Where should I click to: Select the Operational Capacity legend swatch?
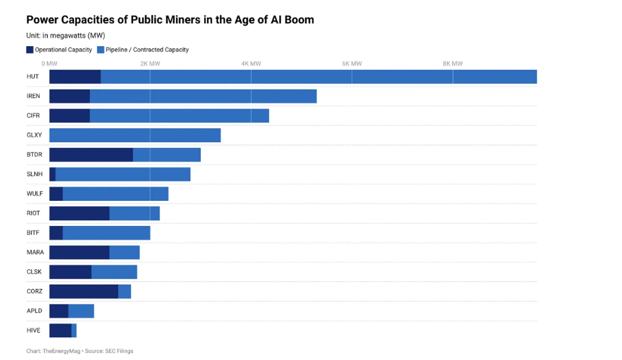[x=30, y=50]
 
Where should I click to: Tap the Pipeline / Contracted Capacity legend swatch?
[x=101, y=50]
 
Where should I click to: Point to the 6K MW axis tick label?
[x=352, y=63]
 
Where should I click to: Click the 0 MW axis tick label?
[x=49, y=63]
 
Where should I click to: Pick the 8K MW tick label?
[x=453, y=63]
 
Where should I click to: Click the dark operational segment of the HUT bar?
[x=75, y=77]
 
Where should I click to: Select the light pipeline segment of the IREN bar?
[x=203, y=96]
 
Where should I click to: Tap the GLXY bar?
[x=135, y=135]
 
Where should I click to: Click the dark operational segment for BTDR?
[x=91, y=155]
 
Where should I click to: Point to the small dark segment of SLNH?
[x=52, y=174]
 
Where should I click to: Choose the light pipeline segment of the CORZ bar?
[x=125, y=292]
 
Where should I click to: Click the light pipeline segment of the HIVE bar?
[x=74, y=330]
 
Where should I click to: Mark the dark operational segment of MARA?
[x=80, y=252]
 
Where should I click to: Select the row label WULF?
[x=35, y=194]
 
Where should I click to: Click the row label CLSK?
[x=34, y=272]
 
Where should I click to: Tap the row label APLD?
[x=34, y=311]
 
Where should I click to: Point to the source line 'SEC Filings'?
[x=119, y=351]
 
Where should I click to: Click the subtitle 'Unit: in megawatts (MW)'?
[x=66, y=36]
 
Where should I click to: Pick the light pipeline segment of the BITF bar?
[x=106, y=232]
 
